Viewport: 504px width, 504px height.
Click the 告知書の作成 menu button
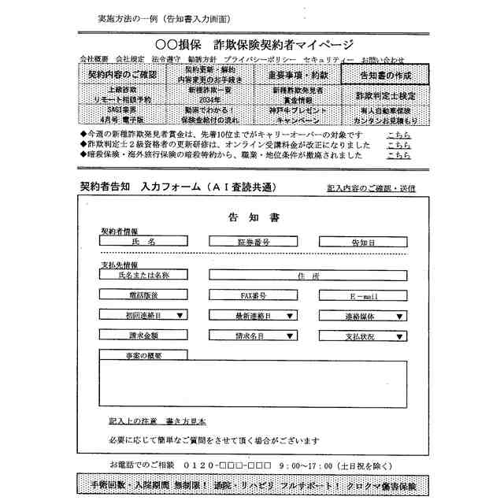[x=385, y=75]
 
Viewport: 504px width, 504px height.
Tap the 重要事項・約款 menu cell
[x=297, y=75]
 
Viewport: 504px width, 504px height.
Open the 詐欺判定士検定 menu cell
[x=385, y=95]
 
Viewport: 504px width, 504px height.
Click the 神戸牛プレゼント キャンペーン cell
[x=297, y=116]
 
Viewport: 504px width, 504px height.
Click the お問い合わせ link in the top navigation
[x=383, y=60]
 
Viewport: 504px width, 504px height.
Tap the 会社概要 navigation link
[x=94, y=60]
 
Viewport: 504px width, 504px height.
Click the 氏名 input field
[x=144, y=242]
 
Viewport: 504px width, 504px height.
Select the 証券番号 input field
[x=253, y=242]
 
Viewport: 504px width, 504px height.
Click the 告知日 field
[x=362, y=242]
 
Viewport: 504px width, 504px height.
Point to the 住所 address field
[x=308, y=276]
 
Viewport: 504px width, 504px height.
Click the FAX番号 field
[x=253, y=296]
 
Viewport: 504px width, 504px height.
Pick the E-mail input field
[x=362, y=296]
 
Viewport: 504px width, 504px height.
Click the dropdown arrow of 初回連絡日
[x=180, y=316]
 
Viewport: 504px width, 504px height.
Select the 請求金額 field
[x=144, y=336]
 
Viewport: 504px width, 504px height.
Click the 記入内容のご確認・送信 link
[x=371, y=189]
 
